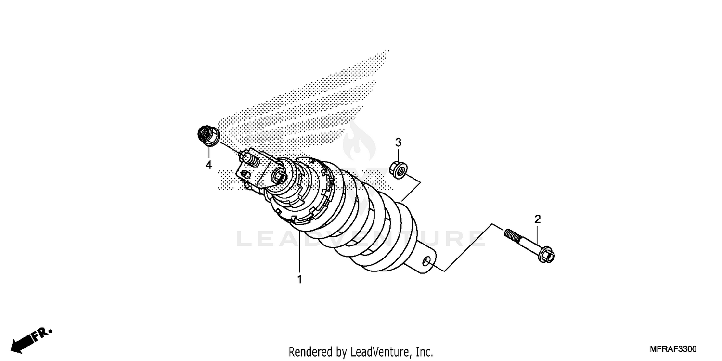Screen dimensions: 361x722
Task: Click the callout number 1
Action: (x=299, y=279)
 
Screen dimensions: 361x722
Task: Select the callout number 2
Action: (x=538, y=219)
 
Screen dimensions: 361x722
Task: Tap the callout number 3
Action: (x=398, y=142)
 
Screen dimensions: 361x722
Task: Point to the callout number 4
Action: (x=208, y=165)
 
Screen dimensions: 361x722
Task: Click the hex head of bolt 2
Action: (x=546, y=254)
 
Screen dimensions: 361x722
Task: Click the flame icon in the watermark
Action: (x=356, y=140)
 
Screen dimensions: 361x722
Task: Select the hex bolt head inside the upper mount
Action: (x=280, y=177)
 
